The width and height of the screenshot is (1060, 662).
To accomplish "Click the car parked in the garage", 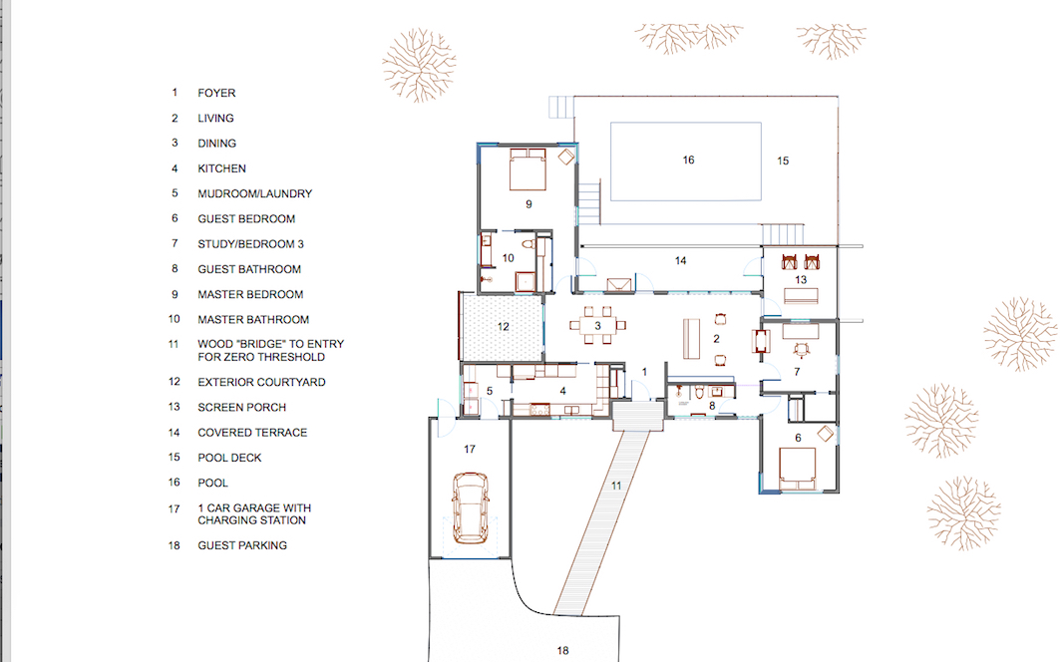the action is pyautogui.click(x=470, y=507).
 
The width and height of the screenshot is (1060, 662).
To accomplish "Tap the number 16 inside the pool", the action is pyautogui.click(x=688, y=161).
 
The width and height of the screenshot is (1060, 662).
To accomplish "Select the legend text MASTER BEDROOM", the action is pyautogui.click(x=250, y=295).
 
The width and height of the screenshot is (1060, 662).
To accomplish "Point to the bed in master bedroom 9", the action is pyautogui.click(x=528, y=169).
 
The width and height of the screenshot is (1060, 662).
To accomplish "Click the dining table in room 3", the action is pyautogui.click(x=597, y=325).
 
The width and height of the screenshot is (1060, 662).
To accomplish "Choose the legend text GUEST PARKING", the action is pyautogui.click(x=242, y=545).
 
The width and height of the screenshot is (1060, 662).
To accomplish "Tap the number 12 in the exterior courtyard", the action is pyautogui.click(x=503, y=327).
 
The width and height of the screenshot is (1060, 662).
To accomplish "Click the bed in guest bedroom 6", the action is pyautogui.click(x=798, y=468).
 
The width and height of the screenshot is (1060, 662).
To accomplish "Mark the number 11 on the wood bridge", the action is pyautogui.click(x=616, y=486).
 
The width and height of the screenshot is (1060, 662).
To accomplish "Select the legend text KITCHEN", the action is pyautogui.click(x=221, y=169).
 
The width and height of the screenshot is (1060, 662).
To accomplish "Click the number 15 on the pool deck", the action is pyautogui.click(x=783, y=161).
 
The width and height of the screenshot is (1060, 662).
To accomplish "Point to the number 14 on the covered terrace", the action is pyautogui.click(x=681, y=261).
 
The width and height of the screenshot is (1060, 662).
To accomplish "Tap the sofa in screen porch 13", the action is pyautogui.click(x=801, y=295).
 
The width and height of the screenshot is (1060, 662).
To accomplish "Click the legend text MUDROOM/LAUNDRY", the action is pyautogui.click(x=255, y=194).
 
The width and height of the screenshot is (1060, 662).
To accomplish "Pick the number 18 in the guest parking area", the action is pyautogui.click(x=562, y=650).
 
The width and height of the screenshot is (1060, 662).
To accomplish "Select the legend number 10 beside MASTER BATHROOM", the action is pyautogui.click(x=175, y=319).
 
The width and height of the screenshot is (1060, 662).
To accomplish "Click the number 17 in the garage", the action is pyautogui.click(x=470, y=449).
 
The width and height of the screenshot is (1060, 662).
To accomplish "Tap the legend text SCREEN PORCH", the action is pyautogui.click(x=242, y=408).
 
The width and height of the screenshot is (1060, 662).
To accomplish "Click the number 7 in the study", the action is pyautogui.click(x=797, y=372).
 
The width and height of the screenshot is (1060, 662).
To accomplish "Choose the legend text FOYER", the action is pyautogui.click(x=216, y=94).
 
